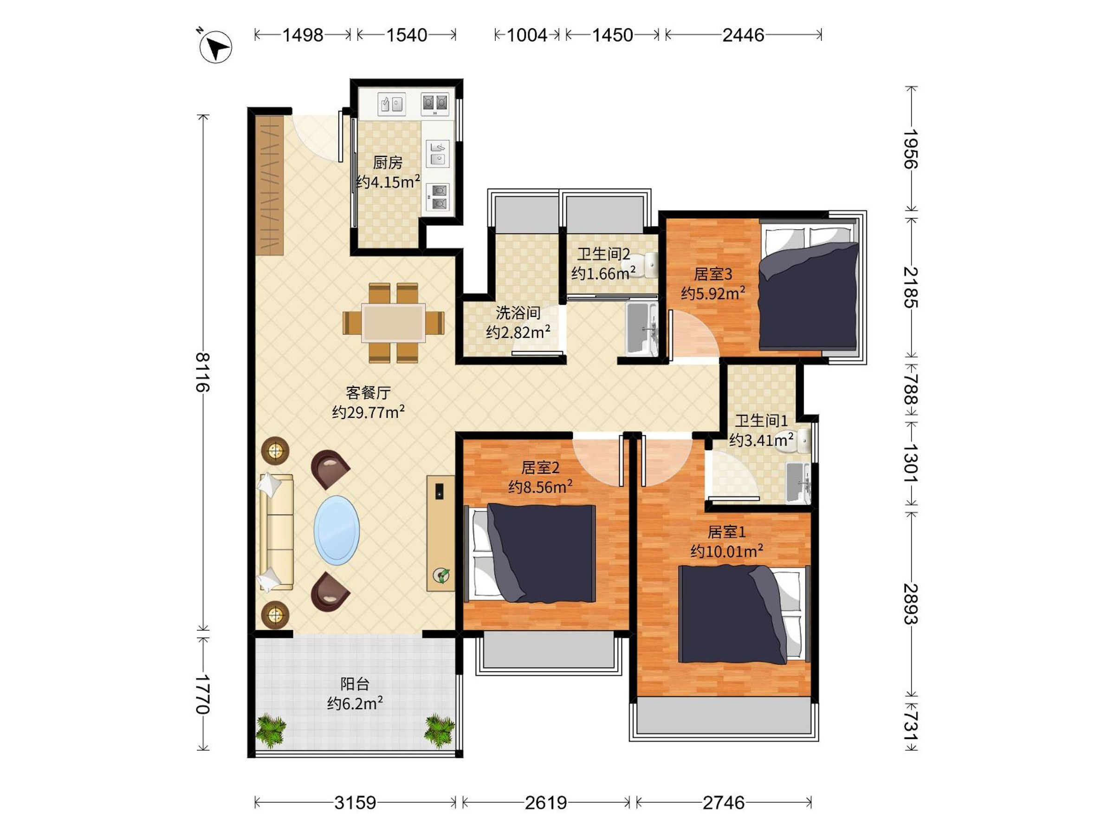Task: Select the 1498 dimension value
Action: (302, 35)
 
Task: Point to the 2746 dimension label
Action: (723, 802)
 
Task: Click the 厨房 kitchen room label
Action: (388, 162)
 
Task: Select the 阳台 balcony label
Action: (355, 684)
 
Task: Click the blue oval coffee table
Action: (337, 530)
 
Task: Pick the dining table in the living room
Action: (393, 323)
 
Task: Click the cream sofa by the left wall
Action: (276, 532)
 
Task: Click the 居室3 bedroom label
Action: (712, 274)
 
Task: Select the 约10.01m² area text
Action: (726, 551)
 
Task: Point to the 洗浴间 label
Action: (518, 313)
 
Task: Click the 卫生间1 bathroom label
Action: (761, 420)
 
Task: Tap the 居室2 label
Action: (540, 468)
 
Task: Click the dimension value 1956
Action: (911, 149)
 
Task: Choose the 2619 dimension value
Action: (545, 802)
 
